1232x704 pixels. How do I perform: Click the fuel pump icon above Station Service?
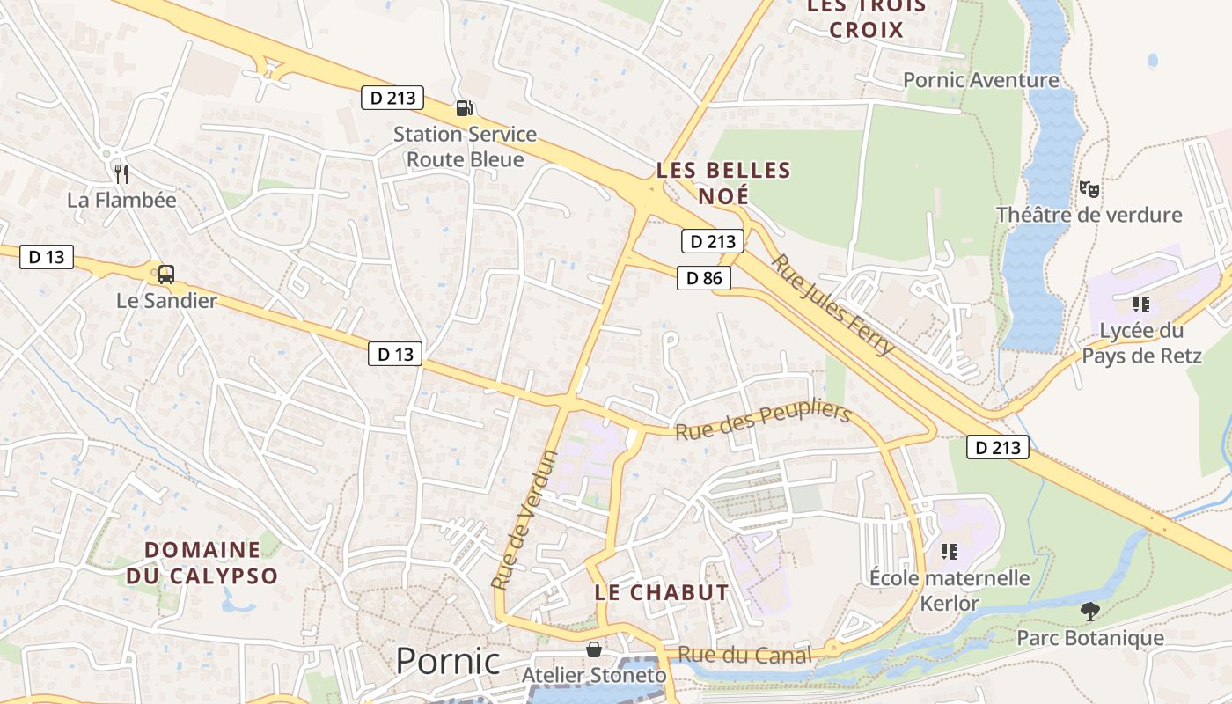[464, 108]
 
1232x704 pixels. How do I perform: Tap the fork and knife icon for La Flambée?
[121, 173]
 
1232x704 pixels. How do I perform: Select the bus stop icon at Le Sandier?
[165, 275]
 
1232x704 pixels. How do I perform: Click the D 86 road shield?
[704, 279]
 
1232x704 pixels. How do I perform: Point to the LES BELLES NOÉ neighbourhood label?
[723, 182]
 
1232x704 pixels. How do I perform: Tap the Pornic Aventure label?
[980, 80]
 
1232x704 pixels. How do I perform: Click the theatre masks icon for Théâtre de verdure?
[1089, 188]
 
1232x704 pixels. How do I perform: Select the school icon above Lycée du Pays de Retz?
[1140, 304]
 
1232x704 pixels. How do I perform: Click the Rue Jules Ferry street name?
[832, 304]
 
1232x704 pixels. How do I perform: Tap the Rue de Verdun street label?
[524, 519]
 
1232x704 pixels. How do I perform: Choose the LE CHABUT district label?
[662, 592]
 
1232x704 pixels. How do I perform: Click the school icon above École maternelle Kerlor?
[949, 552]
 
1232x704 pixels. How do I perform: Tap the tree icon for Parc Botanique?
[1089, 612]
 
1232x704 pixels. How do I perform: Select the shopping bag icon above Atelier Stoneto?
[594, 649]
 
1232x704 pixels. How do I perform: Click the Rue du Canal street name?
[744, 655]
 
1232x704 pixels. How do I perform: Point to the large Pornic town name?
[447, 661]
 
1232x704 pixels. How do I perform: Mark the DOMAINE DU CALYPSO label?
[202, 563]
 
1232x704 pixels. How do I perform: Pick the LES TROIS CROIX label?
[867, 18]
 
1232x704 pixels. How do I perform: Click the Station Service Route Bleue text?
[465, 147]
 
